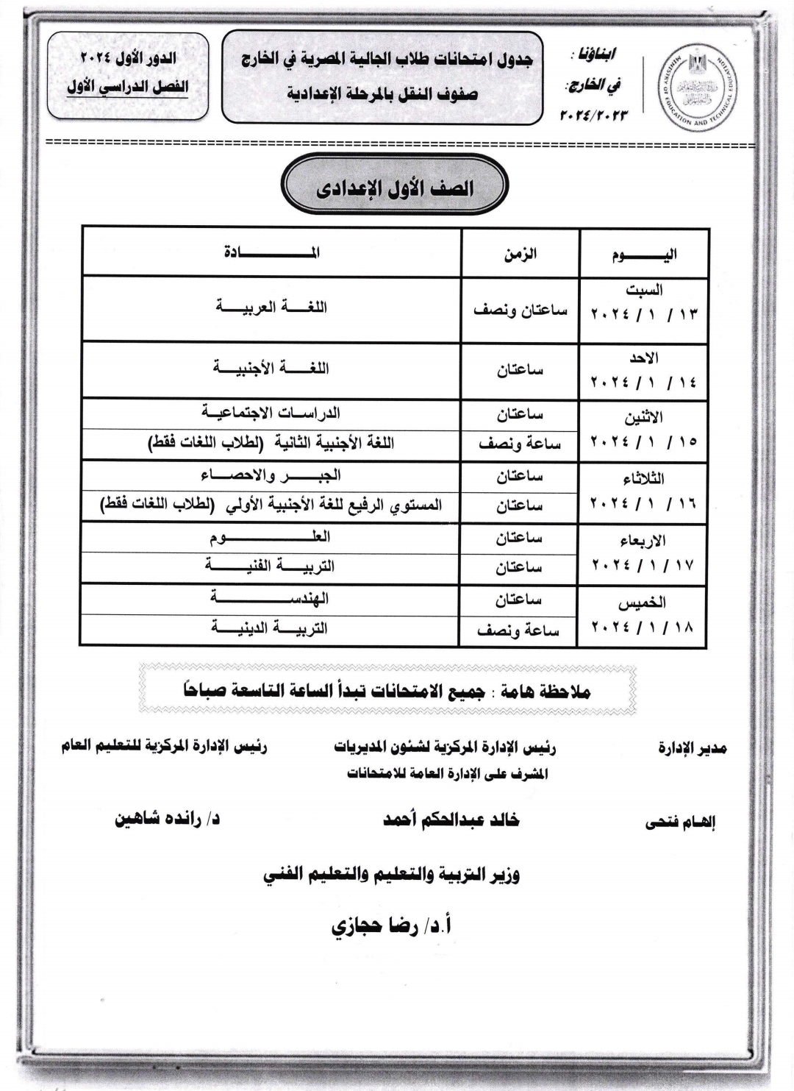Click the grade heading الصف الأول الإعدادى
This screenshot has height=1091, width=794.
pos(395,188)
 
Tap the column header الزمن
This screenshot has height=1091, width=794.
pos(520,254)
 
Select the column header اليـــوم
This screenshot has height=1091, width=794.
pos(644,255)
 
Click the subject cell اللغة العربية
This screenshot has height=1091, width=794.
pos(271,307)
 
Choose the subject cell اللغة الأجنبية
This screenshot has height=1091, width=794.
pos(271,368)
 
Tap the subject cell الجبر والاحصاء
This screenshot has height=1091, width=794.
pos(271,475)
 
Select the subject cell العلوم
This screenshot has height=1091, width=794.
pos(271,537)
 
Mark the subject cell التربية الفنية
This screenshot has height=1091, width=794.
pos(271,566)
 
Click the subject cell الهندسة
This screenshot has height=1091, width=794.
pos(271,598)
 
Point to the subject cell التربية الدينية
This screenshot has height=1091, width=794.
pos(271,629)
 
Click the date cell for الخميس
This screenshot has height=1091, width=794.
pos(644,616)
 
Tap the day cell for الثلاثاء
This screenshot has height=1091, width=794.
pos(644,492)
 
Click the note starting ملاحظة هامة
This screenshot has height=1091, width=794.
pos(387,692)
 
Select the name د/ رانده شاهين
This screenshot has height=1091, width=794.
pos(167,819)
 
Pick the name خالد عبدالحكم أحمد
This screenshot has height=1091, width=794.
pos(451,819)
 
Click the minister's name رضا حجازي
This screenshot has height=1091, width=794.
pos(391,925)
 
